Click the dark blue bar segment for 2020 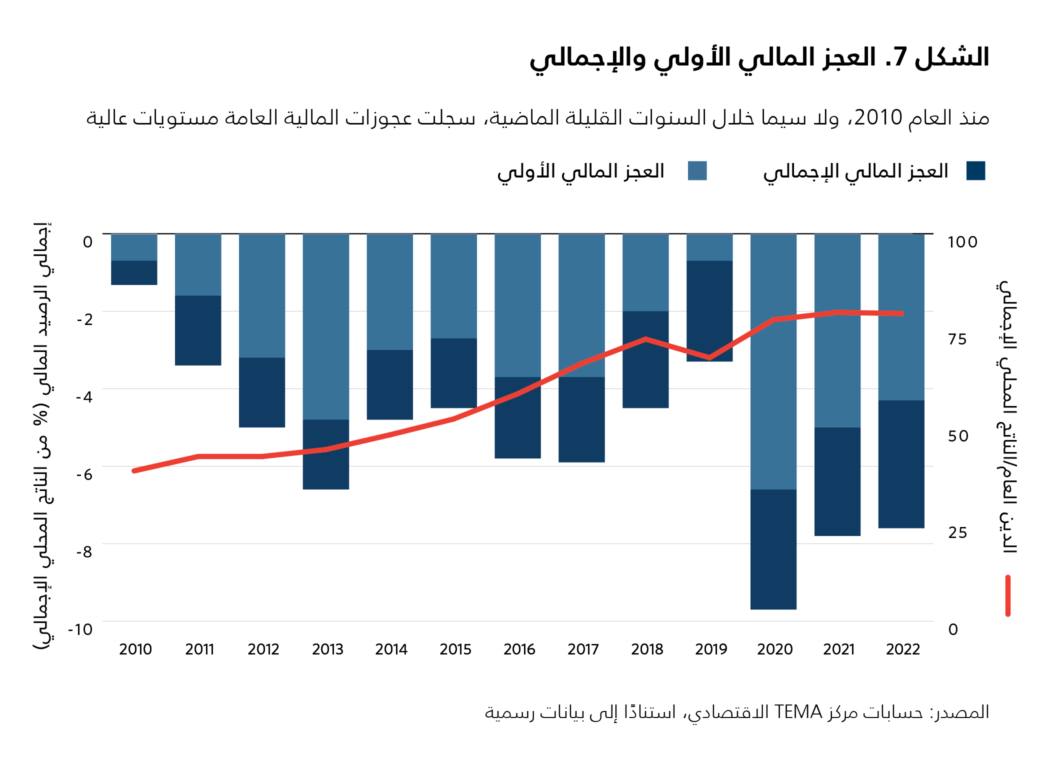click(773, 549)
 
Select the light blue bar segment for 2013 click(326, 326)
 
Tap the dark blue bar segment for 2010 click(134, 272)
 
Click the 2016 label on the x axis click(519, 649)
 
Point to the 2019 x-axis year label click(710, 649)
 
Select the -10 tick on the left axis click(80, 629)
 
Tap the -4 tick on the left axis click(84, 397)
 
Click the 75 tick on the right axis click(957, 339)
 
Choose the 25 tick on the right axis click(957, 532)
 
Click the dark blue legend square click(975, 170)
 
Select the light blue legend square click(697, 170)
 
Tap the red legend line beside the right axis click(1007, 595)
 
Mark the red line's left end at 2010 click(134, 470)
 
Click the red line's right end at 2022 click(901, 313)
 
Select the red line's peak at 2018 click(645, 339)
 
